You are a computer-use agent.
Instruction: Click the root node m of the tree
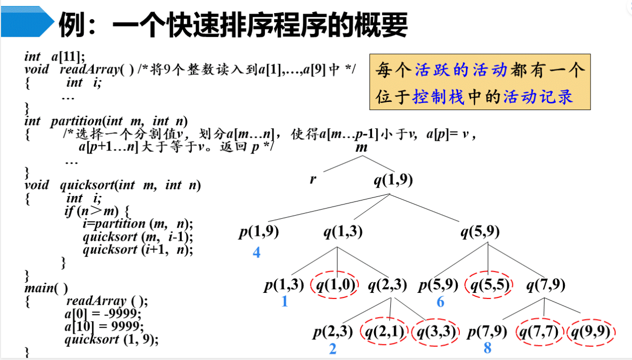pyautogui.click(x=361, y=148)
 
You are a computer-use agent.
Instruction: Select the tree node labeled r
pyautogui.click(x=313, y=179)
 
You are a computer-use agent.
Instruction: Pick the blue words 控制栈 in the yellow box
pyautogui.click(x=438, y=96)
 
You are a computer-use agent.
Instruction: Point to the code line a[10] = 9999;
pyautogui.click(x=104, y=326)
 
